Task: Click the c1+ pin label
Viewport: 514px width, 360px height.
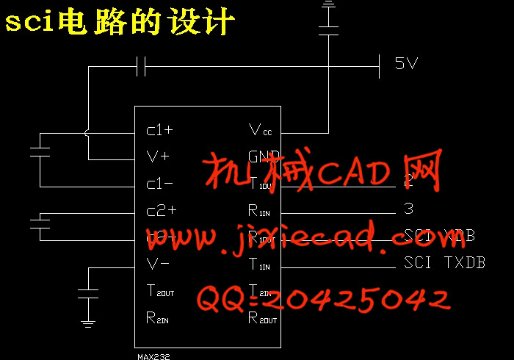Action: click(x=159, y=131)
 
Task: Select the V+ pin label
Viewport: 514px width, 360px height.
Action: click(x=158, y=156)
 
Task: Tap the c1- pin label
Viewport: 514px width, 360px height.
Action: click(x=159, y=184)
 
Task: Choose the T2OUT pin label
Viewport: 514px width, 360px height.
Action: click(x=160, y=291)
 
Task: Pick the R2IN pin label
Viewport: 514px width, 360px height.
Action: click(x=157, y=317)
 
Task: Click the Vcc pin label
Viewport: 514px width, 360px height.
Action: click(x=260, y=131)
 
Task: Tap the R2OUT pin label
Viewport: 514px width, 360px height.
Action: click(x=262, y=317)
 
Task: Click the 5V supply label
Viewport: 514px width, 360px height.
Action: click(x=406, y=64)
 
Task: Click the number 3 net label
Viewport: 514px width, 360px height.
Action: click(x=408, y=209)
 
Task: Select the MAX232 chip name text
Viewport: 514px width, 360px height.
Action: click(x=153, y=355)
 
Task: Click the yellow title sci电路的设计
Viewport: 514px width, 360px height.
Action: click(x=120, y=23)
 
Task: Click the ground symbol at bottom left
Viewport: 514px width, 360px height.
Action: click(x=88, y=322)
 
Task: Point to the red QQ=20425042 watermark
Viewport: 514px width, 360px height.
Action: click(x=323, y=299)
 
